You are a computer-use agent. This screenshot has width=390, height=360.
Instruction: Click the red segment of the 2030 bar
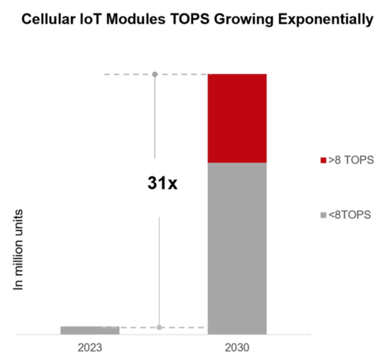(237, 118)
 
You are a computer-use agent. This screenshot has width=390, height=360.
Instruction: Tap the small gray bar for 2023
(90, 330)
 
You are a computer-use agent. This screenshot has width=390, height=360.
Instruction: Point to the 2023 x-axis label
(90, 348)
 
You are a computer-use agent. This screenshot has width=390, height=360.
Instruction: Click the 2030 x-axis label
(237, 348)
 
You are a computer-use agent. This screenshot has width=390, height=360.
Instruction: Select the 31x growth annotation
(162, 183)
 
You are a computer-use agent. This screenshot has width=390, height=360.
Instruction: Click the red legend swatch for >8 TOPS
(323, 160)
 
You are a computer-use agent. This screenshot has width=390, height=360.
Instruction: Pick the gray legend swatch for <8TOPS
(323, 215)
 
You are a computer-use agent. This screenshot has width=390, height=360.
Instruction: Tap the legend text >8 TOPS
(351, 160)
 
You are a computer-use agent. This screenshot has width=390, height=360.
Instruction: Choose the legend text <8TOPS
(350, 215)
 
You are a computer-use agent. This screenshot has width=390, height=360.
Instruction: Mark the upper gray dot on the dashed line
(155, 74)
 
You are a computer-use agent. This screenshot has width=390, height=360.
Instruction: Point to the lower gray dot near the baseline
(159, 327)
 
